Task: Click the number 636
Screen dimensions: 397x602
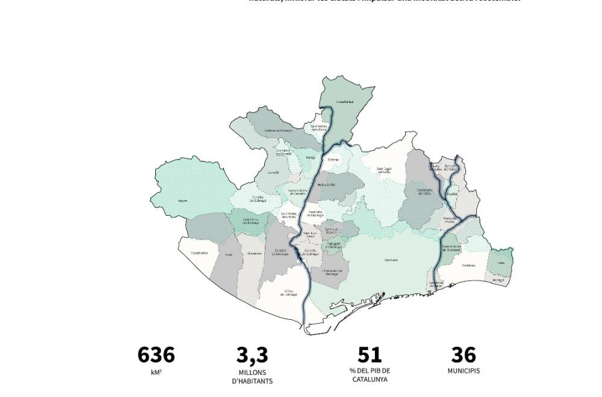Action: click(156, 355)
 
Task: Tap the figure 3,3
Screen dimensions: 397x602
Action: click(252, 355)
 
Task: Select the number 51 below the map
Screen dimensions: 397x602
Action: click(369, 355)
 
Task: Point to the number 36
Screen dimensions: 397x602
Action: click(463, 355)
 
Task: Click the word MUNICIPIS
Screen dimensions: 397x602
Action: click(464, 371)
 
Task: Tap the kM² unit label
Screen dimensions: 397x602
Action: click(156, 372)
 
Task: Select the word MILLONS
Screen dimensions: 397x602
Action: click(252, 372)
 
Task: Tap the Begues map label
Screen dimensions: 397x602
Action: click(182, 201)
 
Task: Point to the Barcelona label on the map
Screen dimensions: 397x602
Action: click(391, 260)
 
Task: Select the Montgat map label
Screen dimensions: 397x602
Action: click(498, 280)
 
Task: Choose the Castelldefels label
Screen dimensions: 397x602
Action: click(199, 253)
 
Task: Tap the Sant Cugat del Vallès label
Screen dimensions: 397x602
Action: click(384, 170)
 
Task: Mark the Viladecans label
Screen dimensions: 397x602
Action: click(254, 254)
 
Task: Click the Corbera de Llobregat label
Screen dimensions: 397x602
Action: click(278, 130)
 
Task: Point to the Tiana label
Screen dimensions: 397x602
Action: click(501, 263)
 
